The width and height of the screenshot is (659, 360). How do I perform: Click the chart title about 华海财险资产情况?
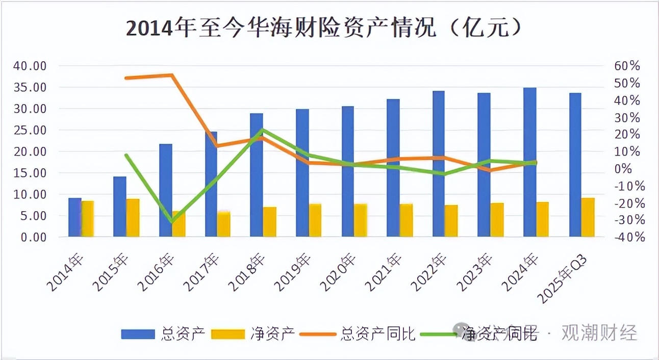click(324, 28)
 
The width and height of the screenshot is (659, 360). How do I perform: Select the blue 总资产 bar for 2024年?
click(530, 162)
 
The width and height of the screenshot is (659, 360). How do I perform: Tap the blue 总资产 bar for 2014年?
click(75, 217)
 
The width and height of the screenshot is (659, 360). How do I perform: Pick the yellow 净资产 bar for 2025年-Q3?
click(588, 217)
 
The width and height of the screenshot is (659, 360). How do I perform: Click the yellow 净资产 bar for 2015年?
click(133, 218)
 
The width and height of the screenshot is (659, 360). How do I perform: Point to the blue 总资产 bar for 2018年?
click(257, 175)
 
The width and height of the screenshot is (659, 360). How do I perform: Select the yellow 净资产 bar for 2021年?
click(406, 220)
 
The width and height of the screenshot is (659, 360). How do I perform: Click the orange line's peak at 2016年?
click(172, 75)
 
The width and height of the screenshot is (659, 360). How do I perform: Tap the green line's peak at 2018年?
click(262, 130)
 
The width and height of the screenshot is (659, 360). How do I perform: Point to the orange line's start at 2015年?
click(126, 78)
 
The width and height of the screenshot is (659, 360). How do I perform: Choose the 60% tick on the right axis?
click(626, 66)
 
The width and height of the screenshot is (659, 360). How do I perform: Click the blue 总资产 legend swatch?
click(138, 334)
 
